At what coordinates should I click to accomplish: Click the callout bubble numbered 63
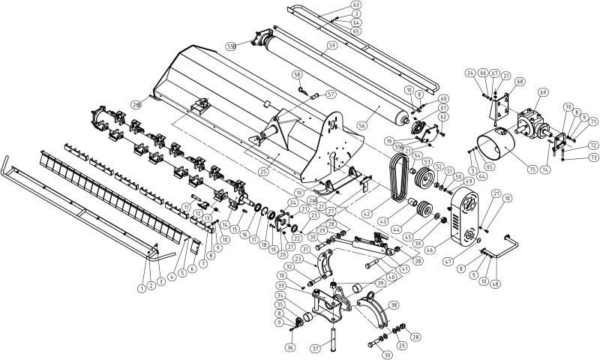356,5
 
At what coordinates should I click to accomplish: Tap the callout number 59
330,46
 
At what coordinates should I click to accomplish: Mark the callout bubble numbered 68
520,81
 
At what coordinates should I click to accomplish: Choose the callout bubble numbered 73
593,158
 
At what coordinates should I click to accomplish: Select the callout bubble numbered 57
331,94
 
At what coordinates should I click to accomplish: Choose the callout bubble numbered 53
427,161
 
